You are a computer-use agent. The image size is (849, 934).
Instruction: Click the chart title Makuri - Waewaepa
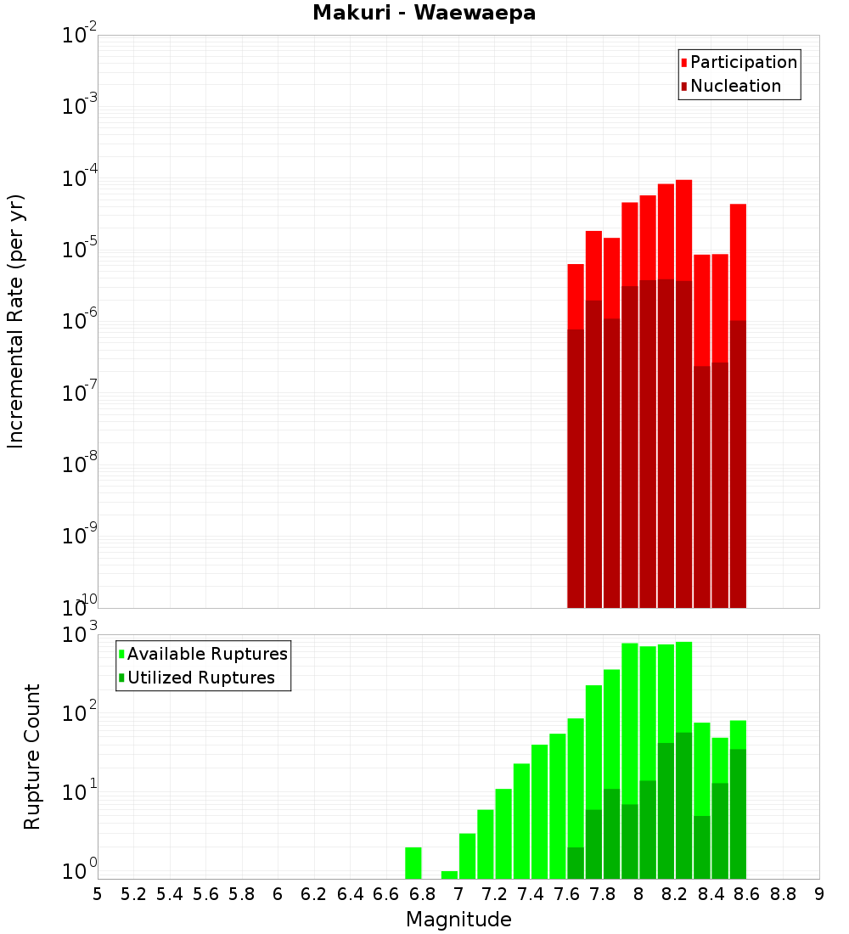click(424, 13)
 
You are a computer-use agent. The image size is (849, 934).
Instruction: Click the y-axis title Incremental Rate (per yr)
click(16, 321)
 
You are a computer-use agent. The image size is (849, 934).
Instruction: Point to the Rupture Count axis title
click(32, 756)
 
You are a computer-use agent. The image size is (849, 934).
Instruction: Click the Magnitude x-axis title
click(458, 919)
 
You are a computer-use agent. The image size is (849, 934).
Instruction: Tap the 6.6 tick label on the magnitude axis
click(386, 894)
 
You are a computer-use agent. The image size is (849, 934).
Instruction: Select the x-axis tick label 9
click(819, 894)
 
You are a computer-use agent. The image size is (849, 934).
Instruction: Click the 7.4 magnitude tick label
click(531, 894)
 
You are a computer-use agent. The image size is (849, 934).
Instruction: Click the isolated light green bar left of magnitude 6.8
click(413, 863)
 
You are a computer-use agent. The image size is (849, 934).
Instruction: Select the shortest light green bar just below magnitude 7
click(450, 875)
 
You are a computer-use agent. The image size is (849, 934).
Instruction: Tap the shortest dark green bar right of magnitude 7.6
click(576, 863)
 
